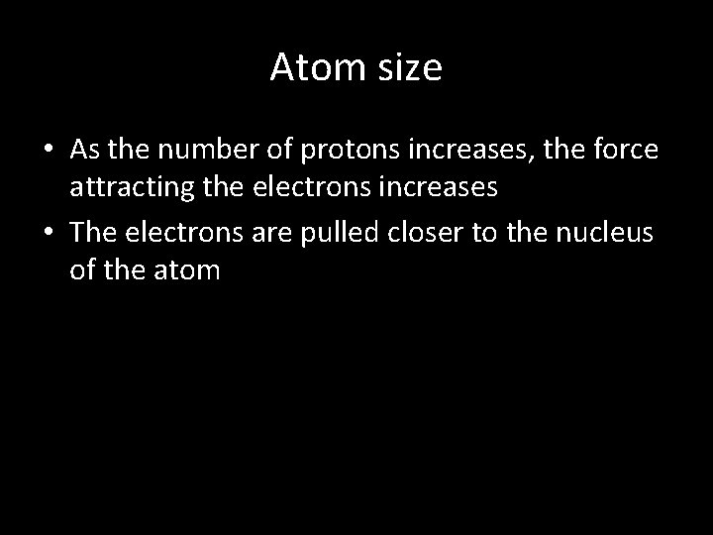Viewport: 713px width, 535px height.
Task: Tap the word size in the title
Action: (406, 67)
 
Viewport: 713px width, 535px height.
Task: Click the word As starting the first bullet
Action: (84, 149)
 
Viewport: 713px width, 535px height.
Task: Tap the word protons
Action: (335, 151)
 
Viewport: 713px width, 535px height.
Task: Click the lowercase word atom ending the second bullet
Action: (186, 268)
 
